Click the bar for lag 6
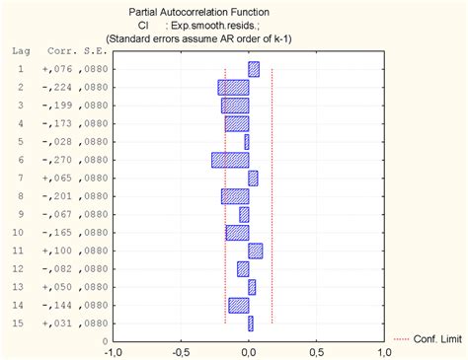click(x=230, y=160)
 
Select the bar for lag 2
click(x=233, y=87)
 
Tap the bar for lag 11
click(x=255, y=251)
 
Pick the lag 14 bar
click(x=238, y=305)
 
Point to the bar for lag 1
click(x=254, y=69)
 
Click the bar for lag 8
click(x=235, y=196)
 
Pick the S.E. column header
click(x=87, y=48)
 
